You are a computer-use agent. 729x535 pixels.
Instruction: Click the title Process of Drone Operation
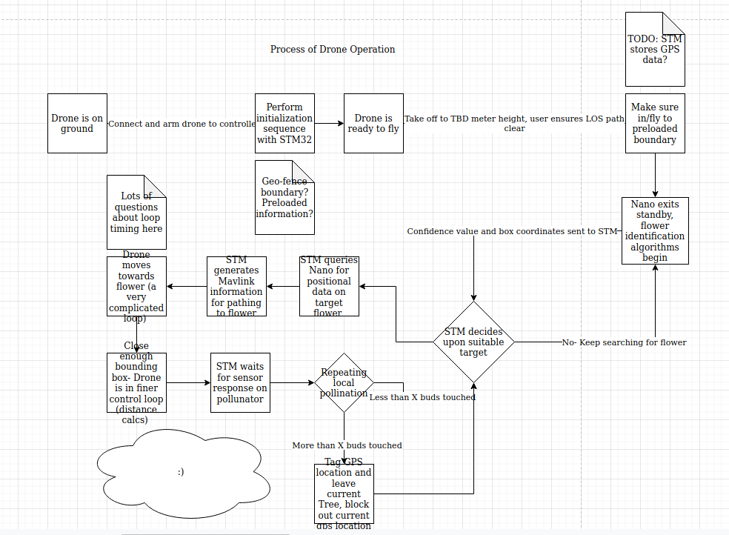(x=333, y=50)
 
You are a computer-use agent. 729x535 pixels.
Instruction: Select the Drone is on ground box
(x=77, y=124)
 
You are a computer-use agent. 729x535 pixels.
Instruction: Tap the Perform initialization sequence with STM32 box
(x=284, y=124)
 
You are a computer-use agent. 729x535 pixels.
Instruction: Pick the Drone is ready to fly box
(x=373, y=124)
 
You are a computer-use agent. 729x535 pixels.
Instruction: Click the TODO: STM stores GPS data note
(x=655, y=50)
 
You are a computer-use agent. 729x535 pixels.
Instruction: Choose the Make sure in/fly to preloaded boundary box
(x=655, y=124)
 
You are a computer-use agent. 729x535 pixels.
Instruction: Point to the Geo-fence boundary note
(x=284, y=198)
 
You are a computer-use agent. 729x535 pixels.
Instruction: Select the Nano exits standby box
(x=655, y=230)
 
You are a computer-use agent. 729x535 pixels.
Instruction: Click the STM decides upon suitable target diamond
(x=473, y=342)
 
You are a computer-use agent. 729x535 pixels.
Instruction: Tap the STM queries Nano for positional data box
(x=329, y=286)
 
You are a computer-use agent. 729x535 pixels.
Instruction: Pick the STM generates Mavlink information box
(x=236, y=286)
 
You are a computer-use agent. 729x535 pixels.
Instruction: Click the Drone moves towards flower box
(x=136, y=286)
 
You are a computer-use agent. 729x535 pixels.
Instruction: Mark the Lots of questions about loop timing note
(x=136, y=213)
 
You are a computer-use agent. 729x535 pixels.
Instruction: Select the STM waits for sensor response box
(x=240, y=382)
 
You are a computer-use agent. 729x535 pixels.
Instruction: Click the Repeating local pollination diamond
(x=344, y=382)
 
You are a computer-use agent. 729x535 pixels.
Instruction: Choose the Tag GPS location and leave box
(x=344, y=494)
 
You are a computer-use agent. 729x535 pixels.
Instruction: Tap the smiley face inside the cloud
(x=181, y=471)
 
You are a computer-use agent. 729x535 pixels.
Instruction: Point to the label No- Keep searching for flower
(x=624, y=342)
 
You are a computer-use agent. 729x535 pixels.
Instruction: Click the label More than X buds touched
(x=347, y=445)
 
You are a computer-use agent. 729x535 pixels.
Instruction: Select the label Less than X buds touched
(x=422, y=397)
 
